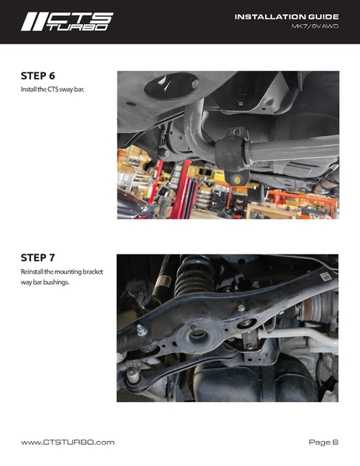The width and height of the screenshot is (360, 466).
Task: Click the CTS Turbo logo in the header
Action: [x=67, y=22]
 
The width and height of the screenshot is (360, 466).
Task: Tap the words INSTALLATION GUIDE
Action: [x=286, y=17]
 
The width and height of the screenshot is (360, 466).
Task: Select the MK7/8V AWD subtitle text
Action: [x=315, y=26]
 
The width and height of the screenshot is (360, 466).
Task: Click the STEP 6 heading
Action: [x=38, y=75]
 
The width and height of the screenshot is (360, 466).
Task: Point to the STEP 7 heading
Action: [x=38, y=258]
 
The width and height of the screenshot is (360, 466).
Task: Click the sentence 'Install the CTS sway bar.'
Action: [x=52, y=89]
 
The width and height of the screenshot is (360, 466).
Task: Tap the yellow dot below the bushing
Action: [x=237, y=180]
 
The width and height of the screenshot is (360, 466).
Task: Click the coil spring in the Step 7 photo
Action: [x=194, y=275]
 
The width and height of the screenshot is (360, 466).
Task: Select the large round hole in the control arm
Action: [x=198, y=337]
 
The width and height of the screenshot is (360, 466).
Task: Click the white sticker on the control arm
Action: [x=326, y=276]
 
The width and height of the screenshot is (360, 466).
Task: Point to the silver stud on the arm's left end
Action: [x=141, y=331]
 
